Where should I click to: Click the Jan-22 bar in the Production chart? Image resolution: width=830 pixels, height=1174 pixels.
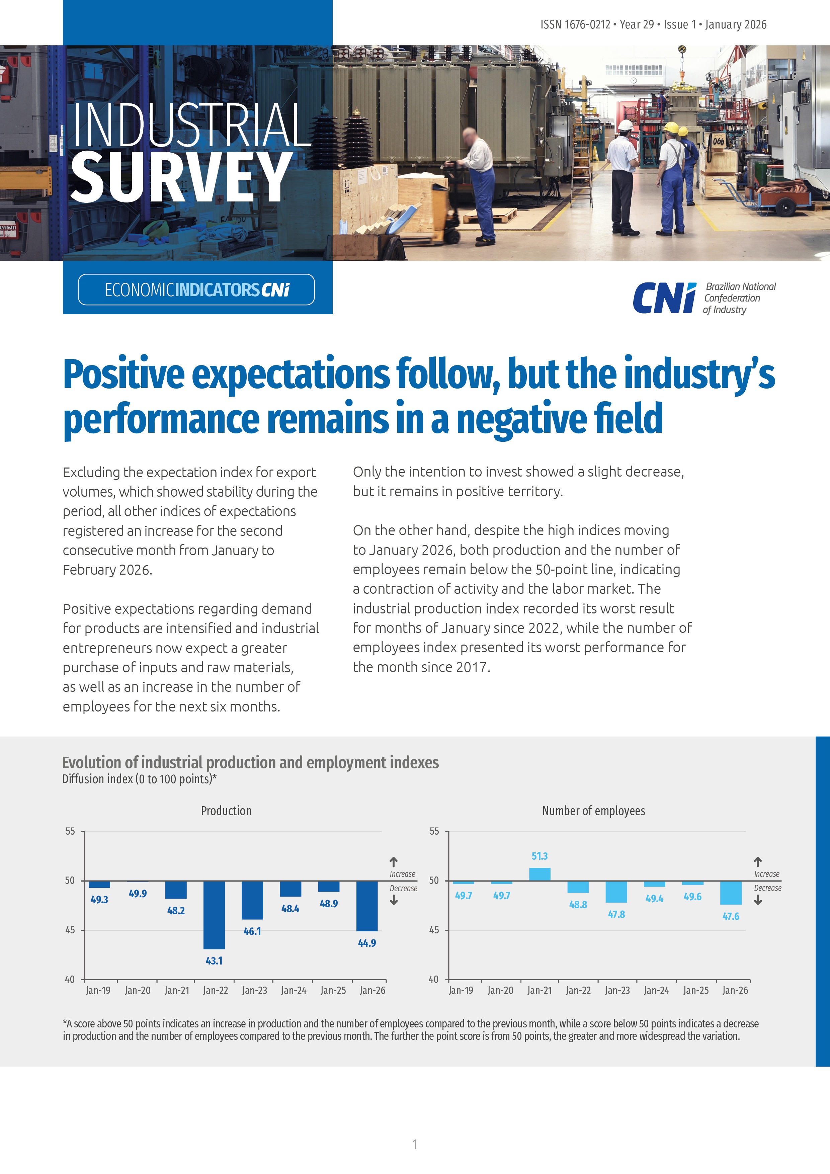(214, 914)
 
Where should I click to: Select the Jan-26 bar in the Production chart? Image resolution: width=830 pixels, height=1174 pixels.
(367, 906)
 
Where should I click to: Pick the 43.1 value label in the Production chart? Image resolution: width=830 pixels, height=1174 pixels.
(214, 961)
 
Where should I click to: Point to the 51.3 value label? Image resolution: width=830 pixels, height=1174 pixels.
(539, 856)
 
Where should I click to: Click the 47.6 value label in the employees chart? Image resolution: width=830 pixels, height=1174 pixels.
(731, 916)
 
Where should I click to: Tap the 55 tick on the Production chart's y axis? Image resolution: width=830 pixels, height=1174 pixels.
(70, 831)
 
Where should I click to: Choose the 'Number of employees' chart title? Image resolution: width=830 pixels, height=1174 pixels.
(593, 811)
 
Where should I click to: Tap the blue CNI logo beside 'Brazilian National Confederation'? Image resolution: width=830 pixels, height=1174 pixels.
(664, 298)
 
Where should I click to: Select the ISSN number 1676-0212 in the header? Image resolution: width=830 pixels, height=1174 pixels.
(587, 24)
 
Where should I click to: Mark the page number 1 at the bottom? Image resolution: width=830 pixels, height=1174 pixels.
(415, 1144)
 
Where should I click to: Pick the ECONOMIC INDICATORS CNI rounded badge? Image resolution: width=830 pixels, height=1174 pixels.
(196, 290)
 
